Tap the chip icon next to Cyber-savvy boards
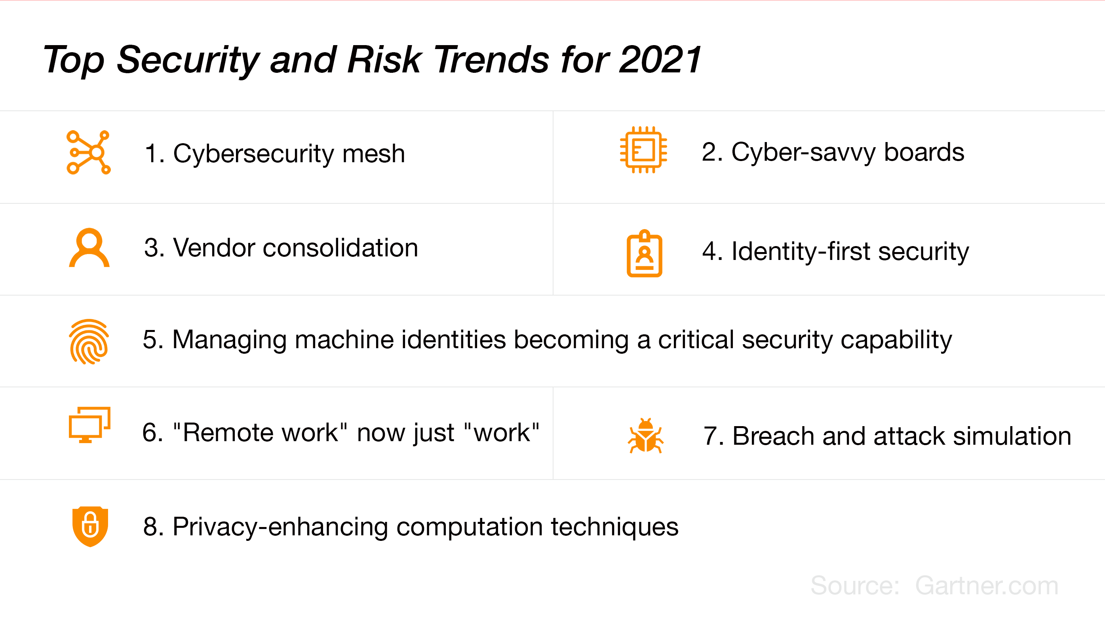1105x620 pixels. [643, 150]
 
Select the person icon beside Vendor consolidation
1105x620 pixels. [89, 248]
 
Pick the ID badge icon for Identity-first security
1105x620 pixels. [644, 253]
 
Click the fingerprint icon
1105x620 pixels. [89, 342]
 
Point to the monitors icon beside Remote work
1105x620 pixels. [89, 425]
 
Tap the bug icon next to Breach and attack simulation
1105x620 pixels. [646, 436]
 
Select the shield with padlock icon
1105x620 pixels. [90, 527]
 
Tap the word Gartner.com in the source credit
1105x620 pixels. [987, 585]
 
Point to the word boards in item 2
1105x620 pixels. [924, 152]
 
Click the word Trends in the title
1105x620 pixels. [492, 60]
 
